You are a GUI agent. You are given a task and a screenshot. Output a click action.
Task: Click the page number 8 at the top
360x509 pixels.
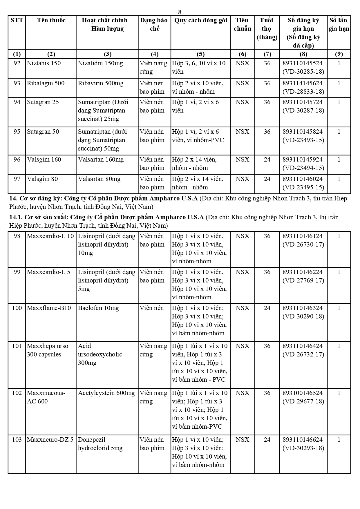(x=180, y=12)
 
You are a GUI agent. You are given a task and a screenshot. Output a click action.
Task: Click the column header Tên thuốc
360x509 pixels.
(x=51, y=20)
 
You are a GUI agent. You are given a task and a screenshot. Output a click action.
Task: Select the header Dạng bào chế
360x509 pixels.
(x=154, y=24)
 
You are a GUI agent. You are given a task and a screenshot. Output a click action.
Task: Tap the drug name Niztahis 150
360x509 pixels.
(x=44, y=63)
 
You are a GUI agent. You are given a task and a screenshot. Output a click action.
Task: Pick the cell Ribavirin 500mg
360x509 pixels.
(x=101, y=83)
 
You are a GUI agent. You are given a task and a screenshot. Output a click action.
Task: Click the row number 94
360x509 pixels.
(x=17, y=102)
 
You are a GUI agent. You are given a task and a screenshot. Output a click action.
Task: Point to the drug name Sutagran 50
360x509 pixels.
(x=43, y=132)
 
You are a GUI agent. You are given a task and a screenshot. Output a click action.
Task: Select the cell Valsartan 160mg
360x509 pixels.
(x=101, y=160)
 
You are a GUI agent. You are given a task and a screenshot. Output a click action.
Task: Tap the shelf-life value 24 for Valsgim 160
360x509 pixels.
(x=267, y=160)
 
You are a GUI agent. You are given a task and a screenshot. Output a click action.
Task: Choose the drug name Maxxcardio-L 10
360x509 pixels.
(x=50, y=236)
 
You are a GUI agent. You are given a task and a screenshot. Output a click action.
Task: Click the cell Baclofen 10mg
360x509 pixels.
(x=98, y=308)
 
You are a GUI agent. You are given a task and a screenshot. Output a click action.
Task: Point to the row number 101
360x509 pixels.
(x=17, y=346)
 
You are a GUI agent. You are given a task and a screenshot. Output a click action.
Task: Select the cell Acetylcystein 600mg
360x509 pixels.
(x=106, y=393)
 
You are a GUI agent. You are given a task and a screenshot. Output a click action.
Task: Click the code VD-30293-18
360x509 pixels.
(x=303, y=448)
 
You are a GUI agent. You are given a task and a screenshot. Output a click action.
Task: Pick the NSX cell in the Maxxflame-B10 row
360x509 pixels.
(x=242, y=308)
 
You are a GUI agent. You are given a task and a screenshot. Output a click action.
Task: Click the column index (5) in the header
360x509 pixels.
(x=200, y=54)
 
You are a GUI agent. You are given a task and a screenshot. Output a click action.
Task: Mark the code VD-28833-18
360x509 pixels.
(x=303, y=92)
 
